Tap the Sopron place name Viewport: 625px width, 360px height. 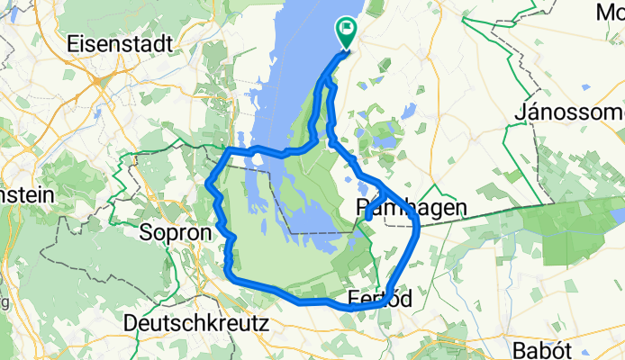175,232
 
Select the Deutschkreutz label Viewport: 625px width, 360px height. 198,322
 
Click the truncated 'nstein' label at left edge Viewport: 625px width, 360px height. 27,194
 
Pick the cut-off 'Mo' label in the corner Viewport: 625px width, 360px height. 609,12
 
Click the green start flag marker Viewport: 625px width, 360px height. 346,32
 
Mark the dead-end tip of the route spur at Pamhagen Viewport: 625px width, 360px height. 367,219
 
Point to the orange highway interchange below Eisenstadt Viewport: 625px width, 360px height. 95,81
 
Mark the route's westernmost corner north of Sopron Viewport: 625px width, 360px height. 209,184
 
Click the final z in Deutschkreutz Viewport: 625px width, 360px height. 264,322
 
